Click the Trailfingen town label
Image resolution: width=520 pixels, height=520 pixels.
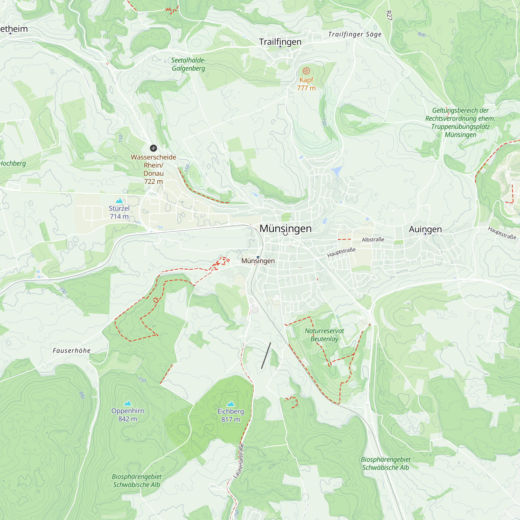tap(280, 42)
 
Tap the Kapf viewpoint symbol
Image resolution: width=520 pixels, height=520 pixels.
tap(306, 71)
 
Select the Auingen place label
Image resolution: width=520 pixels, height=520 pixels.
tap(425, 229)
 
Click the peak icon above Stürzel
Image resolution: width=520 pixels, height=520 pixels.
tap(119, 201)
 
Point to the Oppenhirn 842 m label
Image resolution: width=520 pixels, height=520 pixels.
tap(128, 415)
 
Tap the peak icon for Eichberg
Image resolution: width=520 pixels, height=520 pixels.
tap(231, 404)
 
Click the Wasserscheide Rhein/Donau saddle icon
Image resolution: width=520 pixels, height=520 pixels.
tap(153, 148)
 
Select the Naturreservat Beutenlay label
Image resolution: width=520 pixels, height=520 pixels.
tap(324, 335)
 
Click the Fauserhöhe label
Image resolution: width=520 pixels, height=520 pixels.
tap(71, 351)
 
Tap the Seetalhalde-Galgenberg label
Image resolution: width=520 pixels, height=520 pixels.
tap(188, 64)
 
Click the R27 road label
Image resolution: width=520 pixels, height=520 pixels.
tap(389, 15)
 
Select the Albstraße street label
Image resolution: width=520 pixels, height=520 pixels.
tap(373, 239)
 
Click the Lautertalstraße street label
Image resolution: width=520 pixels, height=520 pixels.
tap(239, 461)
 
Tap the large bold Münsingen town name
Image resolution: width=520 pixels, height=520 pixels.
tap(285, 229)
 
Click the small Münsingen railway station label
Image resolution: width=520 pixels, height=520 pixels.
tap(258, 261)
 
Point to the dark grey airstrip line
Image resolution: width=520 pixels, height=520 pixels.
tap(266, 355)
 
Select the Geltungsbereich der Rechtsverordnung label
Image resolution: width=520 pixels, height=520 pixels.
tap(460, 122)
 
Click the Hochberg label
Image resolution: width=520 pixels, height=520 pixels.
tap(13, 163)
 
